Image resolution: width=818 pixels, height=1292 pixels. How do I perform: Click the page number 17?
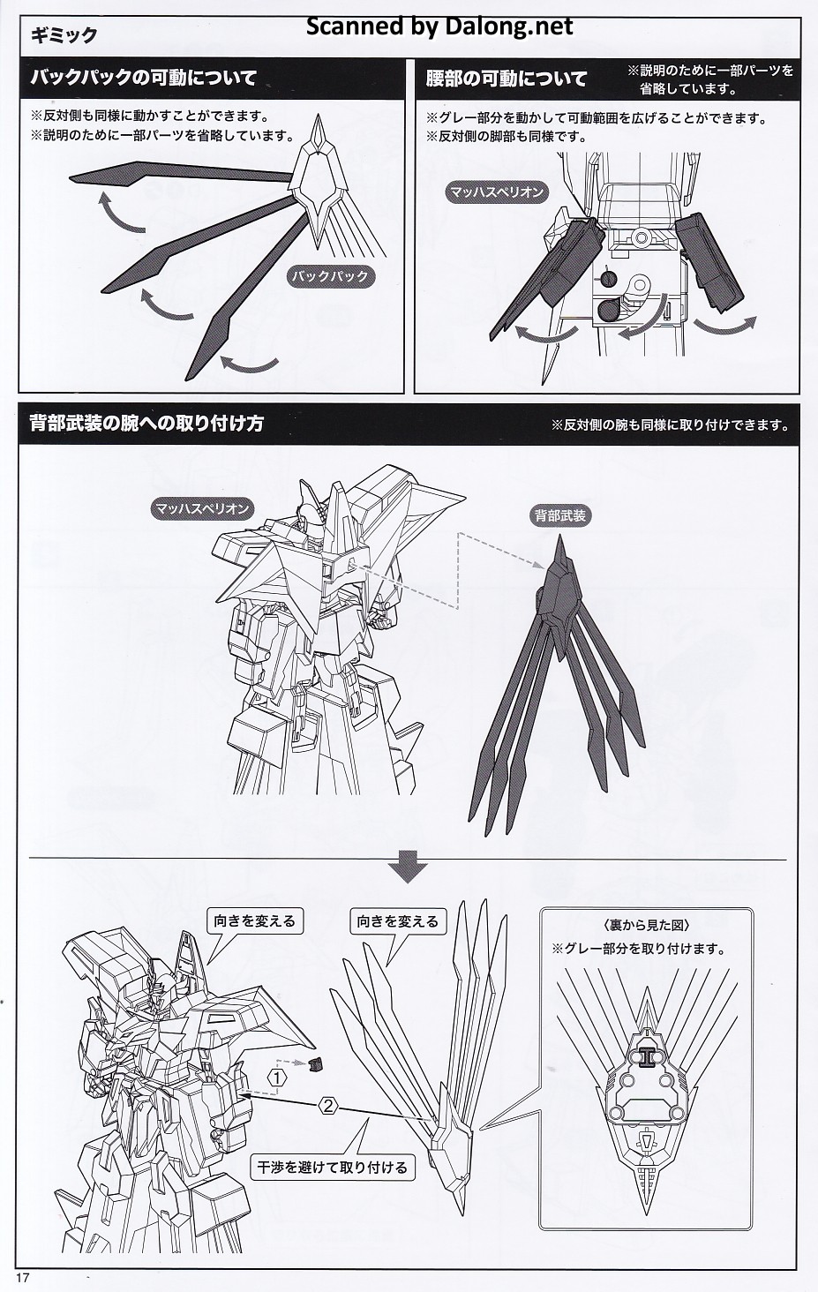(x=23, y=1277)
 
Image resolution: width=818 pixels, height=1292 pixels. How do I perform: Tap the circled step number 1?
(x=277, y=1078)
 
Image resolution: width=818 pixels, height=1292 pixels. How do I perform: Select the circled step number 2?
(x=328, y=1107)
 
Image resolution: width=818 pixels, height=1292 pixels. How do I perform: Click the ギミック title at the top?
(x=64, y=36)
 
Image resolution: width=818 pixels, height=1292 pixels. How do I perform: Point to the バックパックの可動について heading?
(x=144, y=78)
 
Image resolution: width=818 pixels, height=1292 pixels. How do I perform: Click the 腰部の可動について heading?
(x=507, y=78)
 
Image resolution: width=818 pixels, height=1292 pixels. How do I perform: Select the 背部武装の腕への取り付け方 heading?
(x=146, y=424)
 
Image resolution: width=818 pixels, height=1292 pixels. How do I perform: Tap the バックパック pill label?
(x=330, y=275)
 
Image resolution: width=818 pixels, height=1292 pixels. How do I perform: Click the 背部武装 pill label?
(x=559, y=515)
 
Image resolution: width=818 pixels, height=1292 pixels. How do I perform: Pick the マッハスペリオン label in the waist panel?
(x=497, y=192)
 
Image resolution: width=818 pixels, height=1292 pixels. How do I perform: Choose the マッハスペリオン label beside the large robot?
(x=202, y=508)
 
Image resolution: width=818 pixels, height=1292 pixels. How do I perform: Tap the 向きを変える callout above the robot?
(x=254, y=921)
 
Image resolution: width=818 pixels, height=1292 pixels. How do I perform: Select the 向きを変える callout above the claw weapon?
(x=397, y=921)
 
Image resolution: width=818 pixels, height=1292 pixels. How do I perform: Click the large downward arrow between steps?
(x=408, y=866)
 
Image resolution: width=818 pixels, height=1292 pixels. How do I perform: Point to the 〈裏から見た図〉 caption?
(x=647, y=926)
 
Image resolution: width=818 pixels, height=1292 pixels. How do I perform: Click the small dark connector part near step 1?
(x=316, y=1063)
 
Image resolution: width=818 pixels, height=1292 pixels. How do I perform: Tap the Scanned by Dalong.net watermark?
(x=439, y=26)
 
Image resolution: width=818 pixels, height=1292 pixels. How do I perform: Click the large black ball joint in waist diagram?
(x=607, y=310)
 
